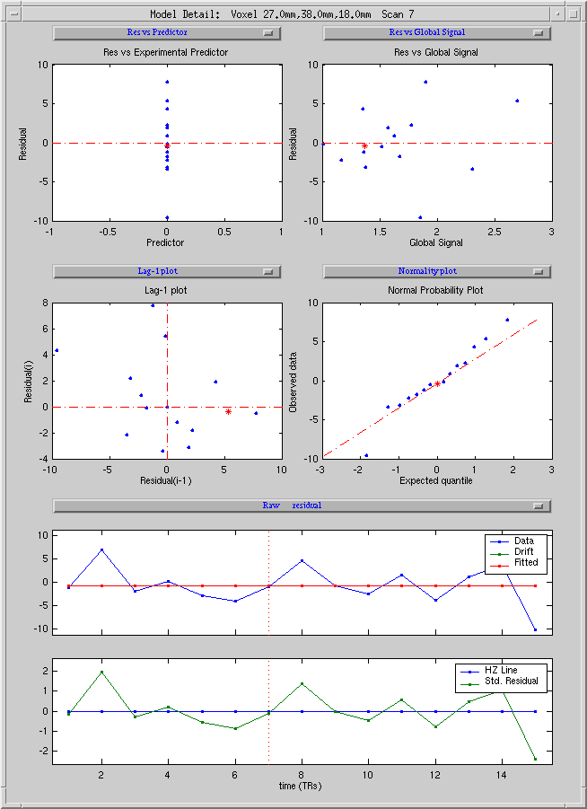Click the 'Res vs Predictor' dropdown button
point(167,33)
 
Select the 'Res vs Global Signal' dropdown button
point(437,33)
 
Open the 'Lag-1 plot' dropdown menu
point(167,271)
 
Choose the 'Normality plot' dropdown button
point(437,271)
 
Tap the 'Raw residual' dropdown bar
point(302,506)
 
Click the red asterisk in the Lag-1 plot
point(228,412)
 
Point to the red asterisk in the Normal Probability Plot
point(437,383)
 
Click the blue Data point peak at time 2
point(102,550)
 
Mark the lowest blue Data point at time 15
point(536,629)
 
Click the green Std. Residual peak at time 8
point(302,684)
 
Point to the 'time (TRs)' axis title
point(300,786)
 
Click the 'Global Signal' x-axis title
point(436,242)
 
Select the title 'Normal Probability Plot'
point(435,291)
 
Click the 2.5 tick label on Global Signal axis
point(495,233)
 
